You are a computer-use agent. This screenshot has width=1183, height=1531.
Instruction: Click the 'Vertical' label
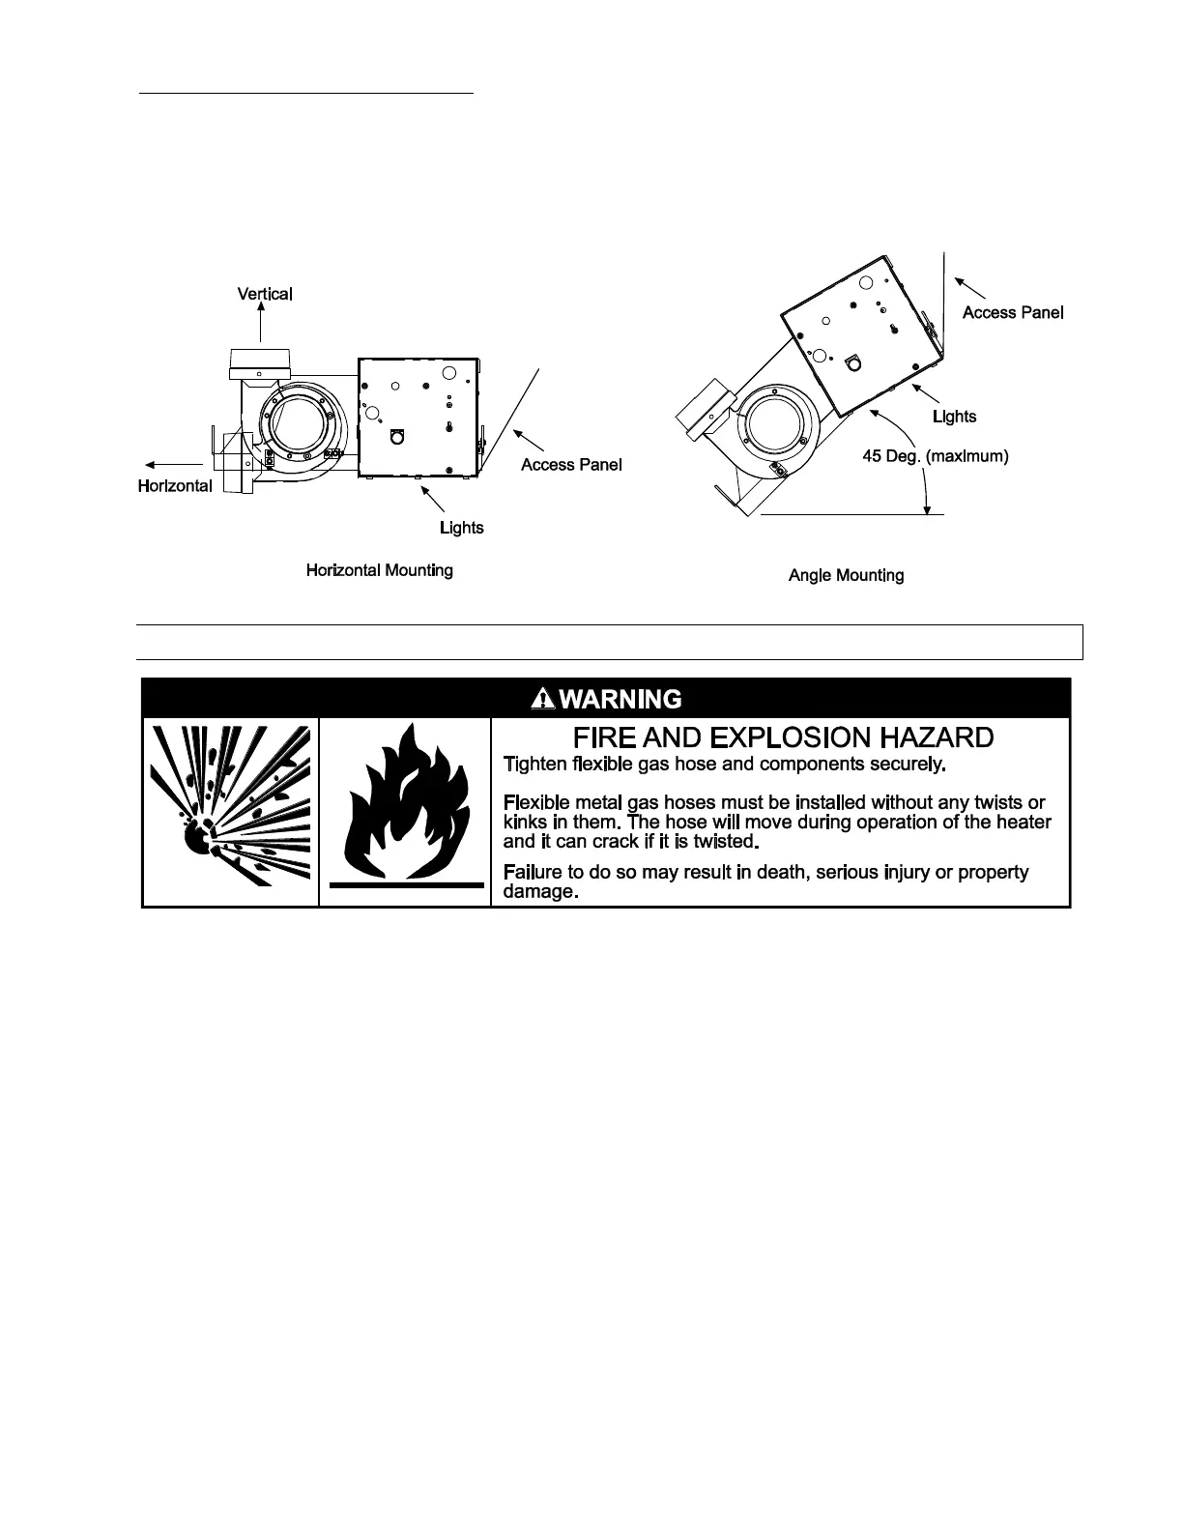tap(265, 294)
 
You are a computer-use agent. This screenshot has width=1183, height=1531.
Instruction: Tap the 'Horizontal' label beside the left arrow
tap(175, 486)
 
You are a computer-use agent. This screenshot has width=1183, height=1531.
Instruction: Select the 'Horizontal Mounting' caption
tap(379, 570)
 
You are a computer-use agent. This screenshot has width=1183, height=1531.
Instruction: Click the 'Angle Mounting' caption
tap(846, 575)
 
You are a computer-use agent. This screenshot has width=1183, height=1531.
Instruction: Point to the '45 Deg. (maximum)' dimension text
tap(935, 455)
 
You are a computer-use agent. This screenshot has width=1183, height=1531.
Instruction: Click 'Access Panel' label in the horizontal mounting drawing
tap(571, 465)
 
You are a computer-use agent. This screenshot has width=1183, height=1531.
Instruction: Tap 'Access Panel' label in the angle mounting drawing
tap(1013, 312)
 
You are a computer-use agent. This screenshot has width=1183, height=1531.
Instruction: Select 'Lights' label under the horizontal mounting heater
tap(461, 528)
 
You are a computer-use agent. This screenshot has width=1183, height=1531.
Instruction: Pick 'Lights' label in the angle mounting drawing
tap(954, 417)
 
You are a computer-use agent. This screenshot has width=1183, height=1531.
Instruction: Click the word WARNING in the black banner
tap(620, 699)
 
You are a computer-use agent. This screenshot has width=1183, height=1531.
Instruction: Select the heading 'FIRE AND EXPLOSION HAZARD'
tap(783, 738)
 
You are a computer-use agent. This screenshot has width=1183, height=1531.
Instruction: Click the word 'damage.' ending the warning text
tap(541, 892)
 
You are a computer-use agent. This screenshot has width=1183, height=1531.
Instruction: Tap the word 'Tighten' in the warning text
tap(535, 765)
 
